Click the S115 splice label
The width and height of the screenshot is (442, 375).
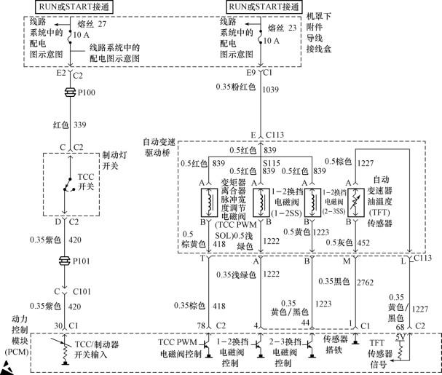tap(271, 162)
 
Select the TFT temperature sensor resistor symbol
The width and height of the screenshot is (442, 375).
tap(355, 200)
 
